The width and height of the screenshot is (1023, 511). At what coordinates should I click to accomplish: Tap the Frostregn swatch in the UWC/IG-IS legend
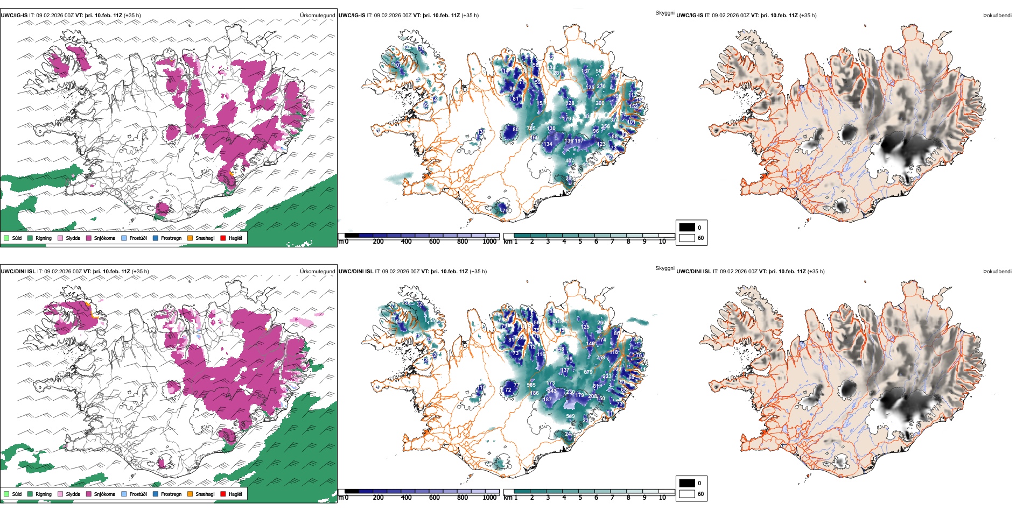(x=156, y=238)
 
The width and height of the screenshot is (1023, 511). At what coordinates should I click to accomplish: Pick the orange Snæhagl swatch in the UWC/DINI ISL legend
(x=190, y=494)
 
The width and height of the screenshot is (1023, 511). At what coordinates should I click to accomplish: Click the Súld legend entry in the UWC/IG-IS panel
(x=6, y=238)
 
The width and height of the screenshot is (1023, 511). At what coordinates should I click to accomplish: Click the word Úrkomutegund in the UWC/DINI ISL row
(x=317, y=271)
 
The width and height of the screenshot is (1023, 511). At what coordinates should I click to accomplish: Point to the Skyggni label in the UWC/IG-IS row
(x=664, y=13)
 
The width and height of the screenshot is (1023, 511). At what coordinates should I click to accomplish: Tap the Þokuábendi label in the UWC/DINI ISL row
(x=997, y=271)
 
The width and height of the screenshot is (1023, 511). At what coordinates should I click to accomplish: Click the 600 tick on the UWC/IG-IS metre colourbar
(x=434, y=242)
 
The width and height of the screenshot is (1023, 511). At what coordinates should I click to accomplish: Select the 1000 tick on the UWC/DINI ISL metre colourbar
(x=489, y=498)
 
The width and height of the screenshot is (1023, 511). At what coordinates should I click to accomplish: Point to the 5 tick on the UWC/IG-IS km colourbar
(x=580, y=242)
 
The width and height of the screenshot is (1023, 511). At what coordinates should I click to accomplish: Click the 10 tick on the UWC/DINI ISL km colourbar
(x=662, y=498)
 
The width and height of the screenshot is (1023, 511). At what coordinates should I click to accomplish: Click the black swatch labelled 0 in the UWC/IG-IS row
(x=687, y=228)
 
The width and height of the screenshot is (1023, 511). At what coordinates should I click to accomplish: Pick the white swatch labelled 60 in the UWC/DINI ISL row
(x=687, y=494)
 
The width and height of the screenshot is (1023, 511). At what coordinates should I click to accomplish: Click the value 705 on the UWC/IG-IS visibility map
(x=531, y=129)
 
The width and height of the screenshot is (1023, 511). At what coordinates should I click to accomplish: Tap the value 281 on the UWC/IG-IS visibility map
(x=558, y=73)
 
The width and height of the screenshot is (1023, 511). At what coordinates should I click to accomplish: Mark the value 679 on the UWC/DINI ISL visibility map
(x=588, y=372)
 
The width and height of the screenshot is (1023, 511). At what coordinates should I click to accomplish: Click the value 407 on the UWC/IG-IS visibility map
(x=570, y=161)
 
